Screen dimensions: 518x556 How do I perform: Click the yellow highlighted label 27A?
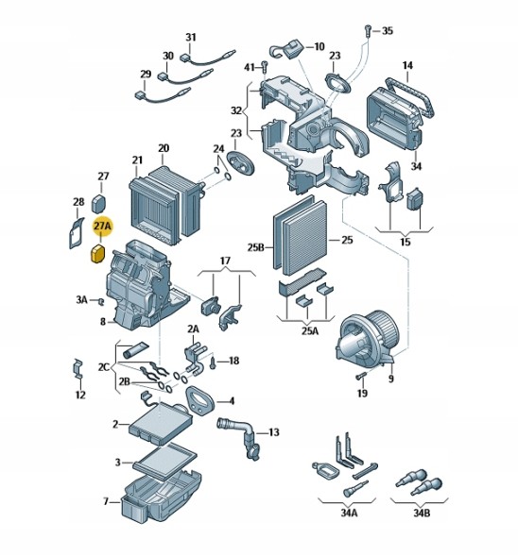pyautogui.click(x=102, y=226)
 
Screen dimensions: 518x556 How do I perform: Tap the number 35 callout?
pyautogui.click(x=388, y=31)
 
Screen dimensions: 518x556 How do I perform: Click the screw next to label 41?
pyautogui.click(x=264, y=67)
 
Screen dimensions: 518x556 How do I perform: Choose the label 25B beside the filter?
pyautogui.click(x=256, y=247)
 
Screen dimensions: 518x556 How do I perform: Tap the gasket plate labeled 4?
pyautogui.click(x=199, y=400)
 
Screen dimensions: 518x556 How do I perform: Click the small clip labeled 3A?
pyautogui.click(x=100, y=301)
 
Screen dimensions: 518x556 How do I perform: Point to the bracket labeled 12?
pyautogui.click(x=78, y=369)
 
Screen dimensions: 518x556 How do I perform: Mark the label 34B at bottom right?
pyautogui.click(x=422, y=513)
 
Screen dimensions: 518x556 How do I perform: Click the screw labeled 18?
pyautogui.click(x=213, y=363)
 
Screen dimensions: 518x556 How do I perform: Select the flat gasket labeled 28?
pyautogui.click(x=76, y=233)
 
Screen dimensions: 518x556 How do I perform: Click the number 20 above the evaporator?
pyautogui.click(x=164, y=148)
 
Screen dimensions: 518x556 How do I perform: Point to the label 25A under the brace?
pyautogui.click(x=310, y=331)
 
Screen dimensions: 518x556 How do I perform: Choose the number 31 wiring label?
pyautogui.click(x=191, y=37)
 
